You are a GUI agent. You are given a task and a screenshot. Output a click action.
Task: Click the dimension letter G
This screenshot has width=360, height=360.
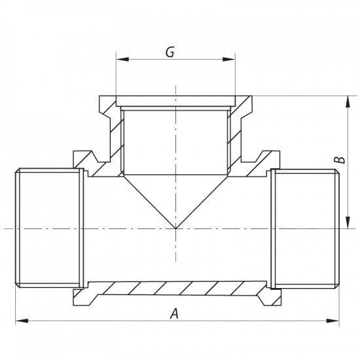click(169, 52)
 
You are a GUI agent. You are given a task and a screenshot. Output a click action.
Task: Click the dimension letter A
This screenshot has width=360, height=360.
click(174, 314)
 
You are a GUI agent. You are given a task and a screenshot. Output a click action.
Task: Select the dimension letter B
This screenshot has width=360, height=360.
click(338, 159)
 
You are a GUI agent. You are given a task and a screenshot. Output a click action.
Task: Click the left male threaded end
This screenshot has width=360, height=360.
click(49, 228)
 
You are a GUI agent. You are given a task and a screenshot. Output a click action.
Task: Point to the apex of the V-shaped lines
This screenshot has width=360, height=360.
click(175, 228)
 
